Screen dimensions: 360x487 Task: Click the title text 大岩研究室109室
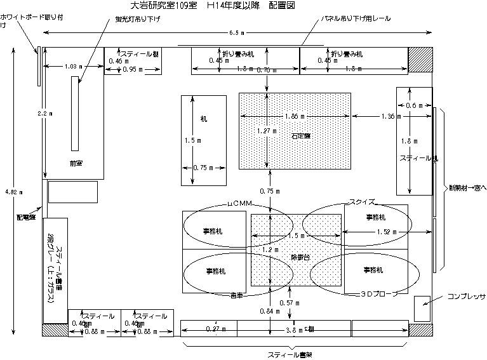click(x=164, y=6)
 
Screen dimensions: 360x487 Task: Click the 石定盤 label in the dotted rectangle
click(x=301, y=135)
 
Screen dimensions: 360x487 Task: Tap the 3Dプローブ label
click(x=379, y=294)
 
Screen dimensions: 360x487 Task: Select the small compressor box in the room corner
click(x=422, y=308)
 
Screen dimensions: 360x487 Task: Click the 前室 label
click(x=76, y=163)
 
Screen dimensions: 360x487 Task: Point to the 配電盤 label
click(x=25, y=217)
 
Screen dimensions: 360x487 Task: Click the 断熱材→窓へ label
click(x=467, y=187)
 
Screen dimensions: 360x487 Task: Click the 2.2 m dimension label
click(x=44, y=112)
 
